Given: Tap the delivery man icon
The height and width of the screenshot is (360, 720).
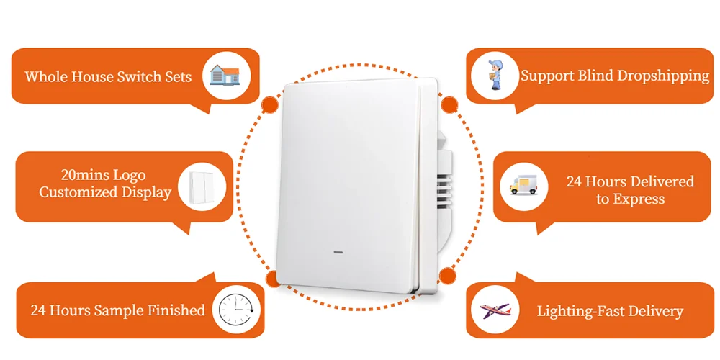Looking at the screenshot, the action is click(496, 76).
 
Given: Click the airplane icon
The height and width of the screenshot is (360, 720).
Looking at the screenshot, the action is click(495, 311).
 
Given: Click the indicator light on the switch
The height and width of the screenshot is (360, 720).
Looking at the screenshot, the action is click(338, 253).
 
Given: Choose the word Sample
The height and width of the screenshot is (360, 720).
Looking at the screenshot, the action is click(119, 311).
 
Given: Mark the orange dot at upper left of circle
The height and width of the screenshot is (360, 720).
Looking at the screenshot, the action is click(270, 104).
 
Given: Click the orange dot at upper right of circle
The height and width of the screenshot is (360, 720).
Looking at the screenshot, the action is click(449, 104).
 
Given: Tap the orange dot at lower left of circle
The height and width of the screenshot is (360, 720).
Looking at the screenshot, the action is click(271, 279).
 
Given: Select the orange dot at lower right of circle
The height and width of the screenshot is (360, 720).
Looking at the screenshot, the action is click(447, 274).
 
